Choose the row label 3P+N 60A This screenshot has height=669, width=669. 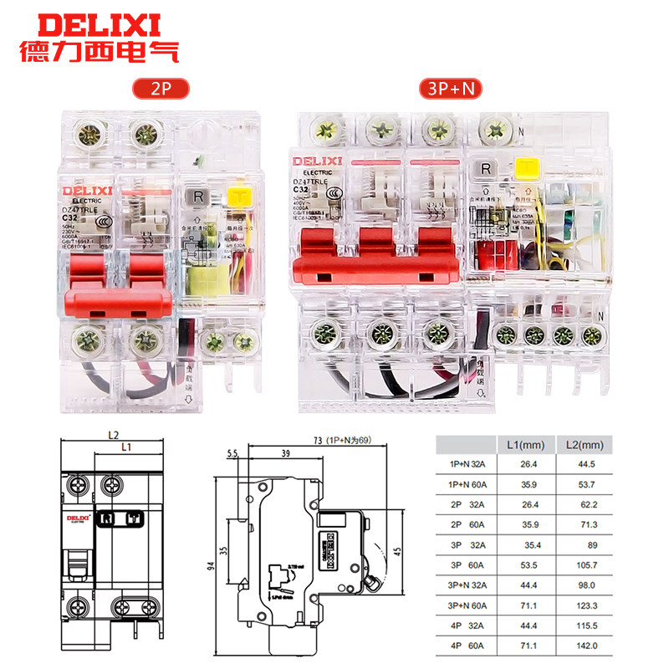point(467,605)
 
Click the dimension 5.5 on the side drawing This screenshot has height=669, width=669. point(232,452)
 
